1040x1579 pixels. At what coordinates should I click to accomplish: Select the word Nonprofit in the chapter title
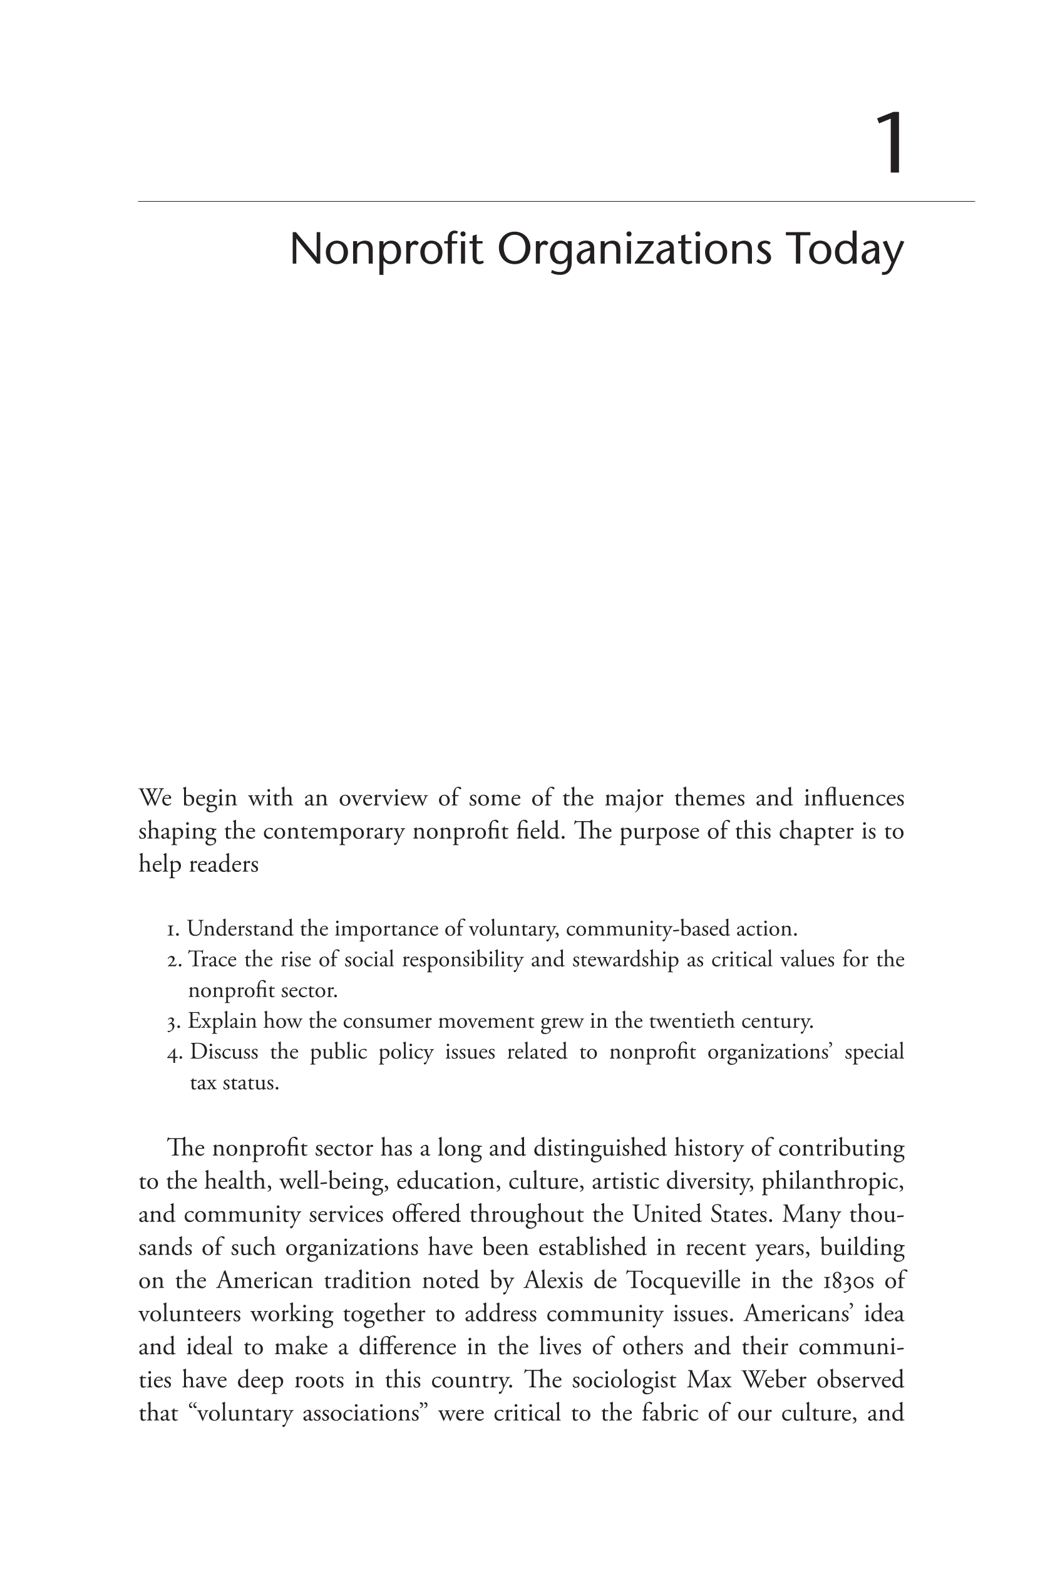pyautogui.click(x=386, y=249)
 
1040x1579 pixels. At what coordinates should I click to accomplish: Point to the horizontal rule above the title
pyautogui.click(x=556, y=201)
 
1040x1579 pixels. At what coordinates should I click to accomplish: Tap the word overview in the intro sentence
pyautogui.click(x=383, y=798)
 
